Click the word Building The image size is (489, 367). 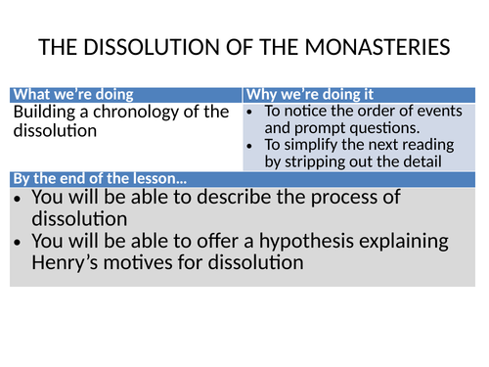tap(43, 111)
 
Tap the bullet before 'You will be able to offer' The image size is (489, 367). tap(20, 240)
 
